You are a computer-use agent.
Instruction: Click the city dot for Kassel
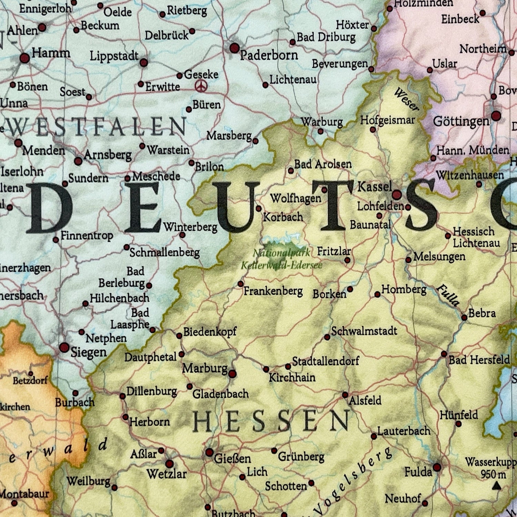coord(397,195)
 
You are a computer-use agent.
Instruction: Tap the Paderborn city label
coord(269,55)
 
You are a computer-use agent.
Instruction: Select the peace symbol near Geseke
coord(201,86)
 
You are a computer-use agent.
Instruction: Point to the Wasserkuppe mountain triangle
coord(496,486)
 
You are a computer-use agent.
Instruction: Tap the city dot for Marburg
coord(232,374)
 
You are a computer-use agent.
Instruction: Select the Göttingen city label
coord(461,121)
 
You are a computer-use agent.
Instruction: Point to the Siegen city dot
coord(64,347)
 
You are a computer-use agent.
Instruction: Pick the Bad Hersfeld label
coord(479,360)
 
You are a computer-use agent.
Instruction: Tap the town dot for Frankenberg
coord(241,284)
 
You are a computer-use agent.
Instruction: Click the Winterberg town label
coord(190,227)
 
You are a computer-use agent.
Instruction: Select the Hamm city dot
coord(24,58)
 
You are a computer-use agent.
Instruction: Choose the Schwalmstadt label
coord(364,331)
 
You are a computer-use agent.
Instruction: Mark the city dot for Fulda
coord(437,467)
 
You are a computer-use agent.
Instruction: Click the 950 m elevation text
coord(493,475)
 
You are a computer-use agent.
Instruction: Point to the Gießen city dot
coord(210,453)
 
